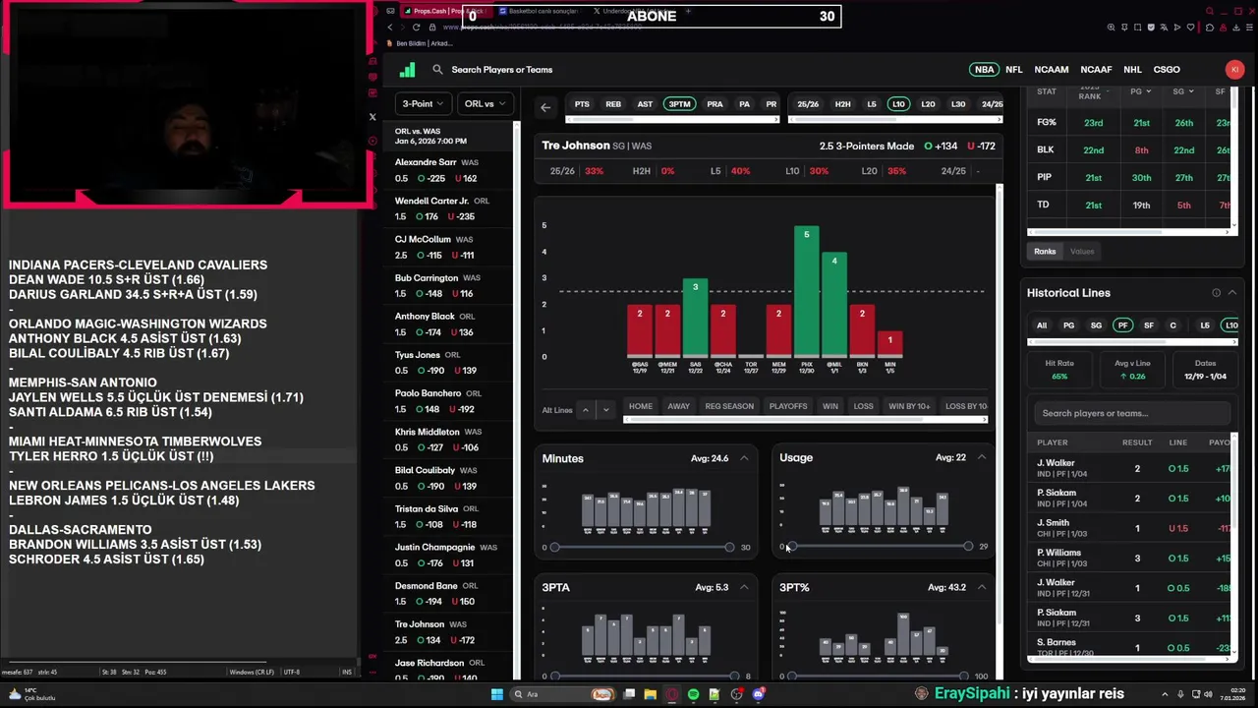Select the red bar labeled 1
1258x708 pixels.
(x=889, y=344)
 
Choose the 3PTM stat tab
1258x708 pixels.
(x=679, y=104)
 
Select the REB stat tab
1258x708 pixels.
(x=613, y=104)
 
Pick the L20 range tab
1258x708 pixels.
(x=928, y=104)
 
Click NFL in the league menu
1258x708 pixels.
(x=1013, y=70)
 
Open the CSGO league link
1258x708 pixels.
(x=1166, y=70)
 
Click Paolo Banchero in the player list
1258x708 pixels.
(x=428, y=393)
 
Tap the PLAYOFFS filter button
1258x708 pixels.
(x=787, y=406)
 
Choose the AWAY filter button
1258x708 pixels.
(x=678, y=406)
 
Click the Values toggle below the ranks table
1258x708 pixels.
(x=1081, y=252)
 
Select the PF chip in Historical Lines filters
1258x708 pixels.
(x=1122, y=325)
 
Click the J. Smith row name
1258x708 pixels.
(x=1053, y=523)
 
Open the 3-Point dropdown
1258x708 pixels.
(x=423, y=104)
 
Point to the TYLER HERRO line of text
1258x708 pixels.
(x=110, y=456)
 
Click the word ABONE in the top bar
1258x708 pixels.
(x=651, y=16)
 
